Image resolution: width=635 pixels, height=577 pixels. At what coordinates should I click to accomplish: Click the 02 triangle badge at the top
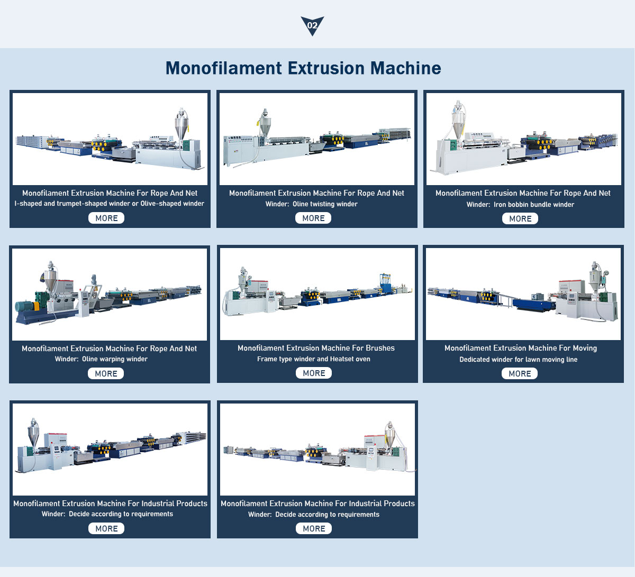(x=312, y=25)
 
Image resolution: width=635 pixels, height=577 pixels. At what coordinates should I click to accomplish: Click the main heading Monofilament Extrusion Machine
(x=303, y=68)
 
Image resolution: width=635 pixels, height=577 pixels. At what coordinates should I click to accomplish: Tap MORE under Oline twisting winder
(x=313, y=218)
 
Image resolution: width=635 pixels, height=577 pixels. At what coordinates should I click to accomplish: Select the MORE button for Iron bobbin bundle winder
(x=520, y=218)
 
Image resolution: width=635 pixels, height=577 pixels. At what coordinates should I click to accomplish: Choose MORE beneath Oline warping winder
(x=106, y=373)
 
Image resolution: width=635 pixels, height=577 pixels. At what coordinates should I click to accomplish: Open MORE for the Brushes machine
(x=314, y=373)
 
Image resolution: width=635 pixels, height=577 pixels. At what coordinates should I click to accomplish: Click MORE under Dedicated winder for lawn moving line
(x=520, y=373)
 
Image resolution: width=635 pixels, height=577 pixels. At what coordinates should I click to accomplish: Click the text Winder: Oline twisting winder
(x=311, y=204)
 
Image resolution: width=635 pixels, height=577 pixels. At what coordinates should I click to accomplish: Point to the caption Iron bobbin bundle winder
(x=520, y=205)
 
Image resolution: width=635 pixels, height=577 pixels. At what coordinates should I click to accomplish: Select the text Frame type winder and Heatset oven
(x=314, y=359)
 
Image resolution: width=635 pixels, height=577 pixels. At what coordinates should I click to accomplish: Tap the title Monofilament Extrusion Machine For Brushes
(x=316, y=348)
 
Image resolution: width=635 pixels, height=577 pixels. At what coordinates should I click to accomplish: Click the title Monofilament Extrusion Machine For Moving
(x=521, y=348)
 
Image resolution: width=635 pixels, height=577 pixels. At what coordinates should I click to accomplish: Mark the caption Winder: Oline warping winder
(x=101, y=359)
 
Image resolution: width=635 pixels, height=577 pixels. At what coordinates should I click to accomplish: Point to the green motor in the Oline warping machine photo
(x=25, y=306)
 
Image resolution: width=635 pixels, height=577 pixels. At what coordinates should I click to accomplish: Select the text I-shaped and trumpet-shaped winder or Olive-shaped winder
(x=109, y=204)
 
